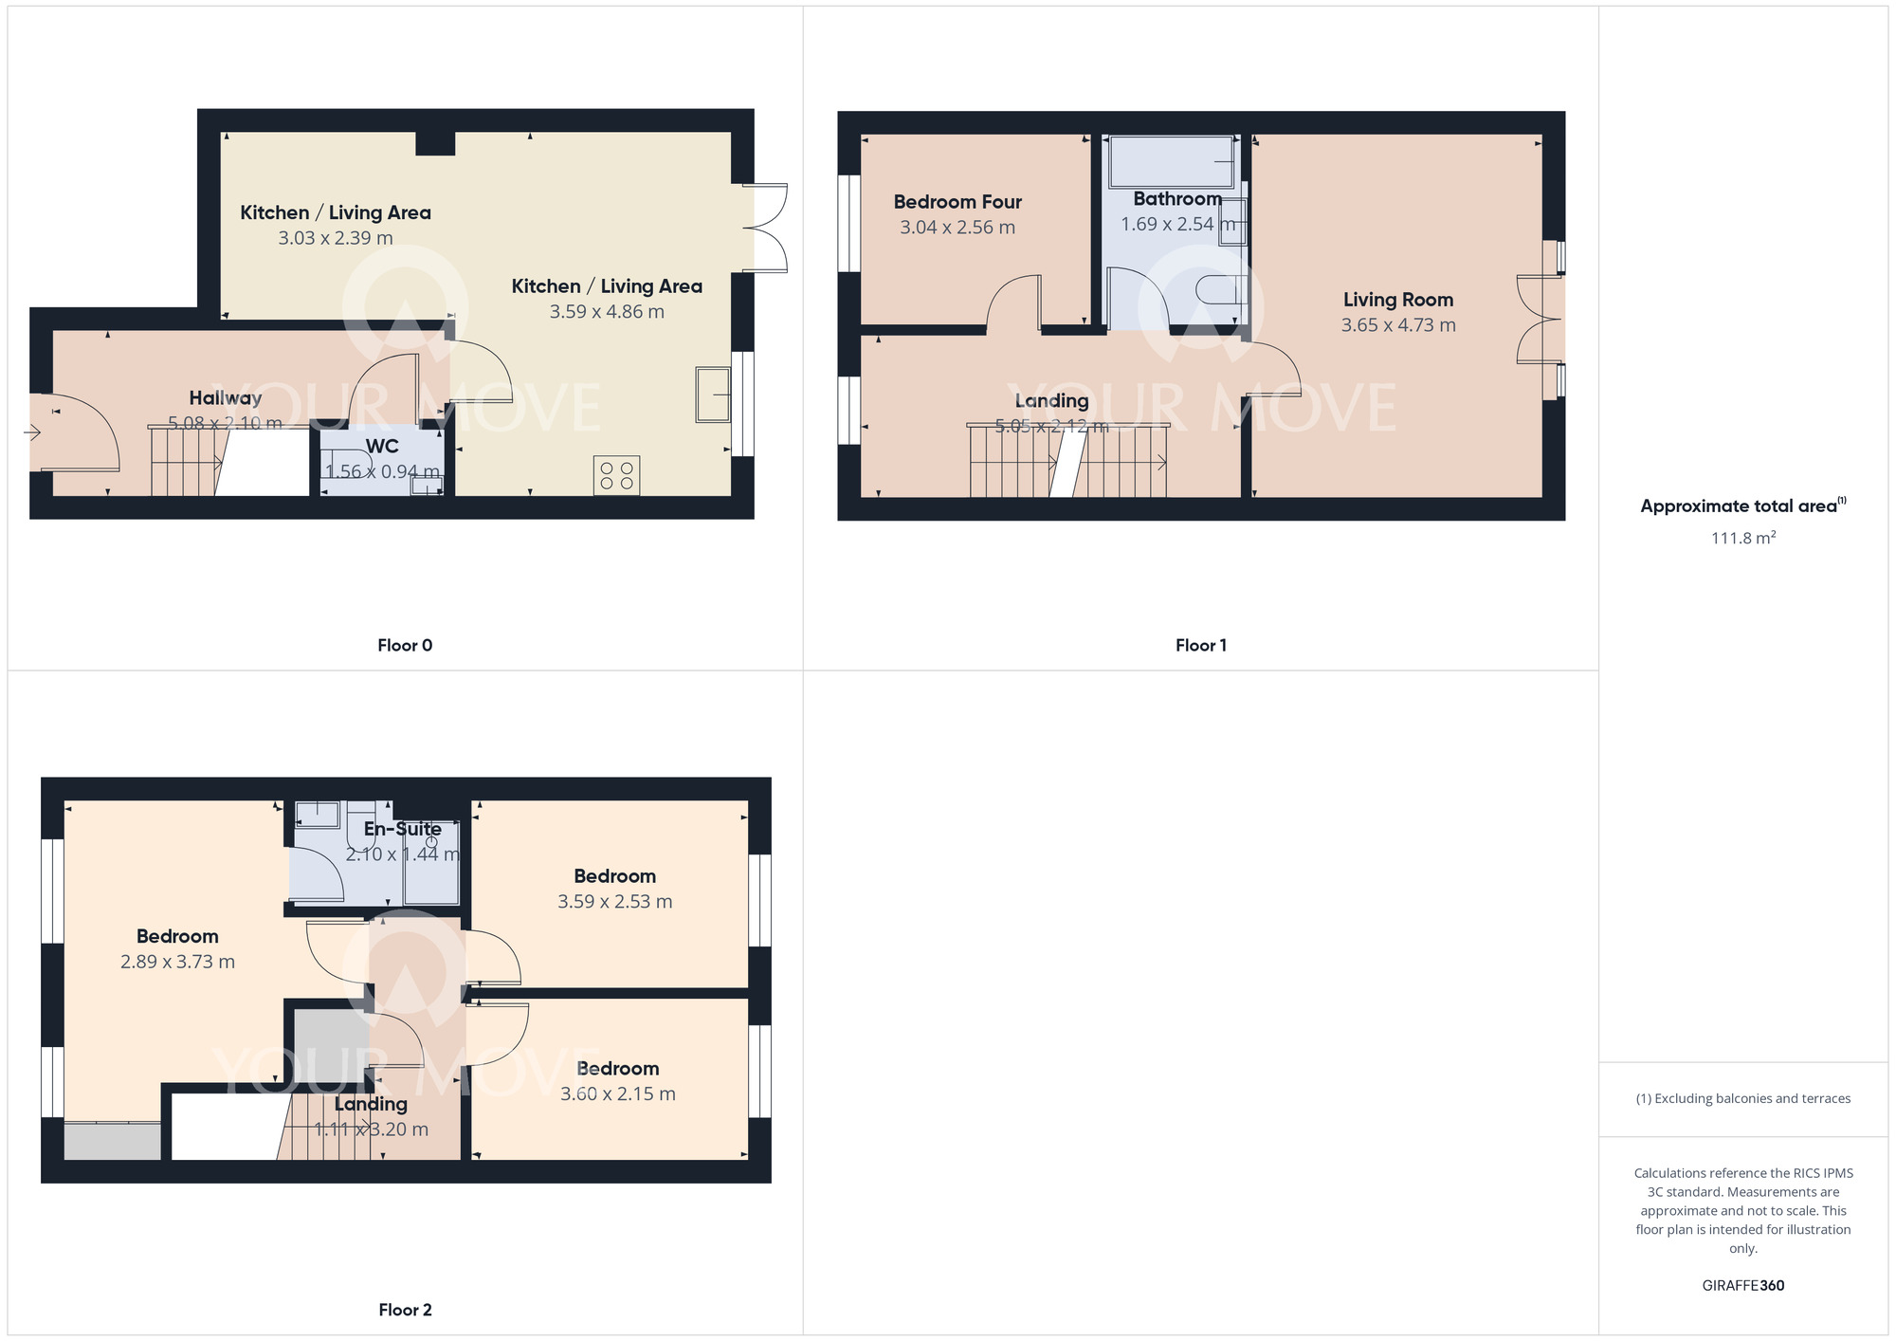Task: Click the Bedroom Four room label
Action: (957, 202)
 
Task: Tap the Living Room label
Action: (1398, 300)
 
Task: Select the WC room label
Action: (382, 446)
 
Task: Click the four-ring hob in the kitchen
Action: (616, 476)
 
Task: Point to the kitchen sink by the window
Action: (713, 394)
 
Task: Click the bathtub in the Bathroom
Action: (1172, 162)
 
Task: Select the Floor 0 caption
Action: (405, 646)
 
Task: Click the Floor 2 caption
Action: (405, 1310)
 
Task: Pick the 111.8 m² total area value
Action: (1743, 538)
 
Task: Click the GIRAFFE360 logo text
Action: (1743, 1286)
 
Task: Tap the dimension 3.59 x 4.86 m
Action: (607, 312)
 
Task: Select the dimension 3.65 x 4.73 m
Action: (1398, 325)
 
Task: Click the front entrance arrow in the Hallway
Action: (32, 432)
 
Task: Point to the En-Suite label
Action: (403, 829)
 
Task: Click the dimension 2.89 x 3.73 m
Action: (177, 962)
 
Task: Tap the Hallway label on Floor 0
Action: (225, 398)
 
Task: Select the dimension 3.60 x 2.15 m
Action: (618, 1094)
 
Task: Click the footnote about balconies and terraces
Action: (1743, 1099)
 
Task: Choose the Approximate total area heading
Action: (1743, 505)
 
